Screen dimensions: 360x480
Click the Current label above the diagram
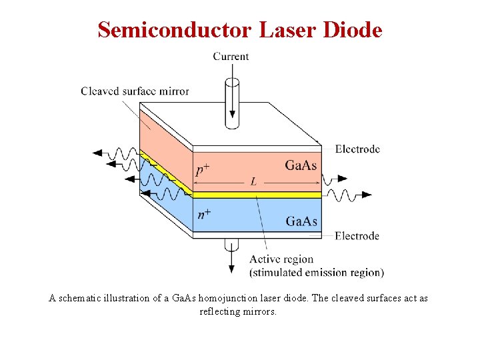231,57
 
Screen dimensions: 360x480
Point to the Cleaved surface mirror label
135,91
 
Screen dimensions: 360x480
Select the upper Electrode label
357,149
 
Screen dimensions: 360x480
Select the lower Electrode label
357,235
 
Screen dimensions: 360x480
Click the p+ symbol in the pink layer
203,170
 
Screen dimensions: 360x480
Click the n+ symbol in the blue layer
204,215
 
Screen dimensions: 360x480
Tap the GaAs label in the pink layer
301,165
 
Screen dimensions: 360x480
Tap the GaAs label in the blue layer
301,221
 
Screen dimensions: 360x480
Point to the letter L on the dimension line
253,181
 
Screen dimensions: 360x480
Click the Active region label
281,259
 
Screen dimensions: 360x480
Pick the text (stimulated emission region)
316,272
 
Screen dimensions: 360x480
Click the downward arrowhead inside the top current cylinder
232,121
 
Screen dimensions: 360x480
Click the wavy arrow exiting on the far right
350,195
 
